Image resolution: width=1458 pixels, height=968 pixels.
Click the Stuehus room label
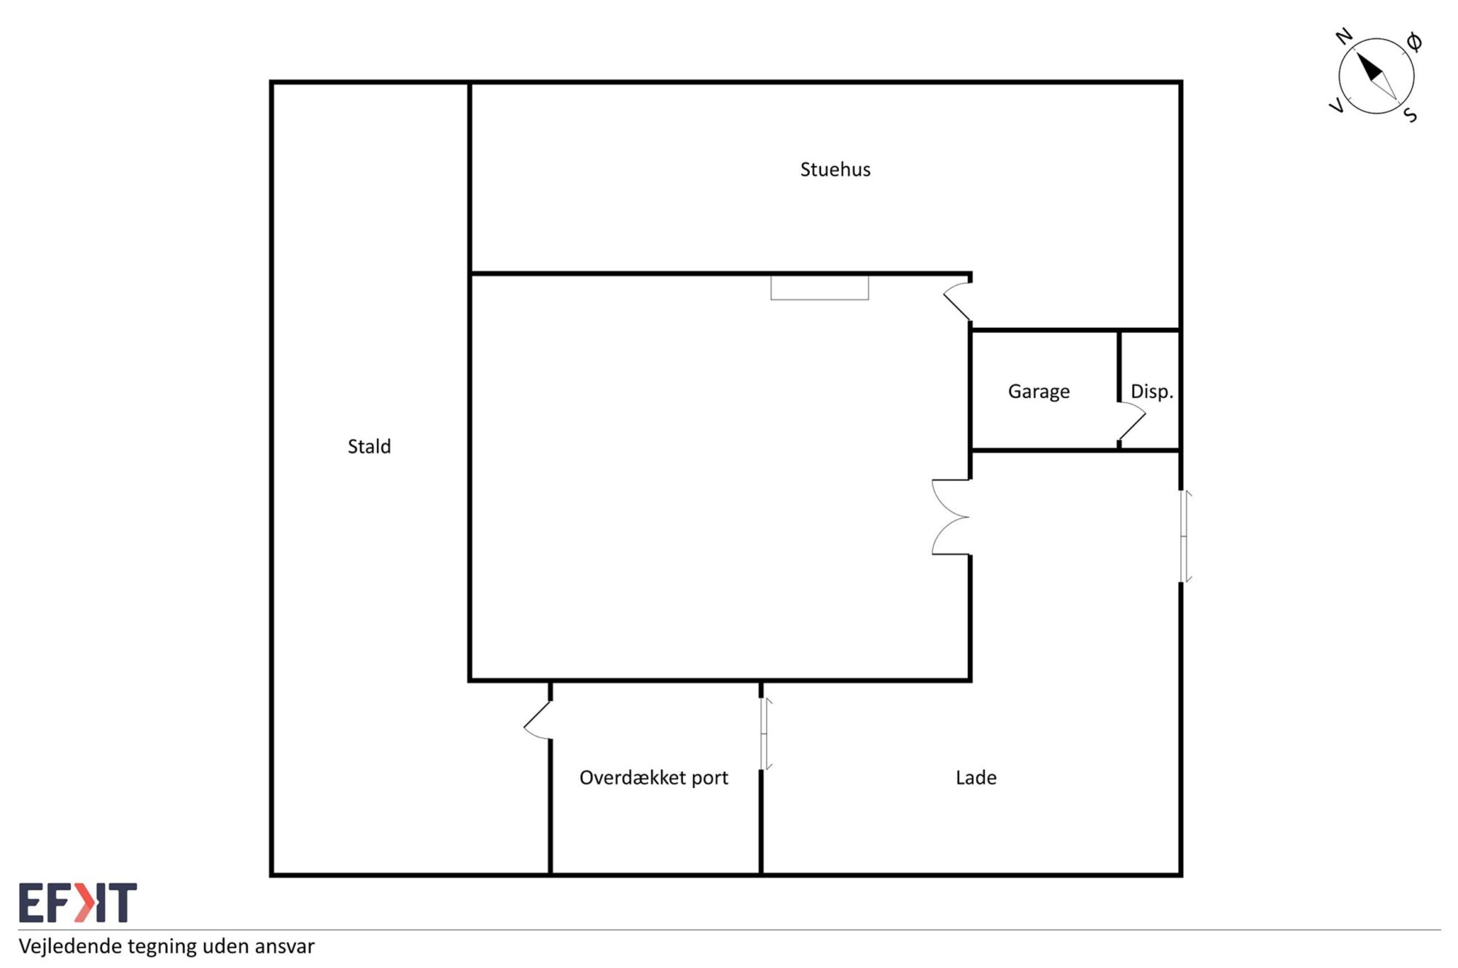[x=835, y=170]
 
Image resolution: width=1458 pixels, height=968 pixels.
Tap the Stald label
[x=369, y=446]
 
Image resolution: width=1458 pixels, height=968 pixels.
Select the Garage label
[x=1039, y=392]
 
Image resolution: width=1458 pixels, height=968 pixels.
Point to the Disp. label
[x=1152, y=391]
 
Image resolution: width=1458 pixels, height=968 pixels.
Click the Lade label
[x=976, y=778]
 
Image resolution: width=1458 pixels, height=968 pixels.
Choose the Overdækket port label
[x=654, y=778]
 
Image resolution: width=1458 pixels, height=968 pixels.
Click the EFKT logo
[x=78, y=902]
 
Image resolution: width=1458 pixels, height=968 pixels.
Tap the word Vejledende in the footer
[x=71, y=946]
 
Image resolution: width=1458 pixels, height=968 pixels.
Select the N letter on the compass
[x=1344, y=36]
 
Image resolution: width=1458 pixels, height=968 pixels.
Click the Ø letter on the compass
[x=1414, y=42]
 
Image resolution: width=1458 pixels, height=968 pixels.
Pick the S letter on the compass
[x=1411, y=115]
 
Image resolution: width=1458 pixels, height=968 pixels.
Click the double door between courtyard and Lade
[x=951, y=517]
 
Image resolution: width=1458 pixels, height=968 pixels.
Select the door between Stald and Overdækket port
[x=537, y=720]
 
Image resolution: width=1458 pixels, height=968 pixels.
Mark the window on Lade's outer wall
[x=1185, y=536]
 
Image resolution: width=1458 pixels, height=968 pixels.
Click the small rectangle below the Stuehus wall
[x=819, y=288]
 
